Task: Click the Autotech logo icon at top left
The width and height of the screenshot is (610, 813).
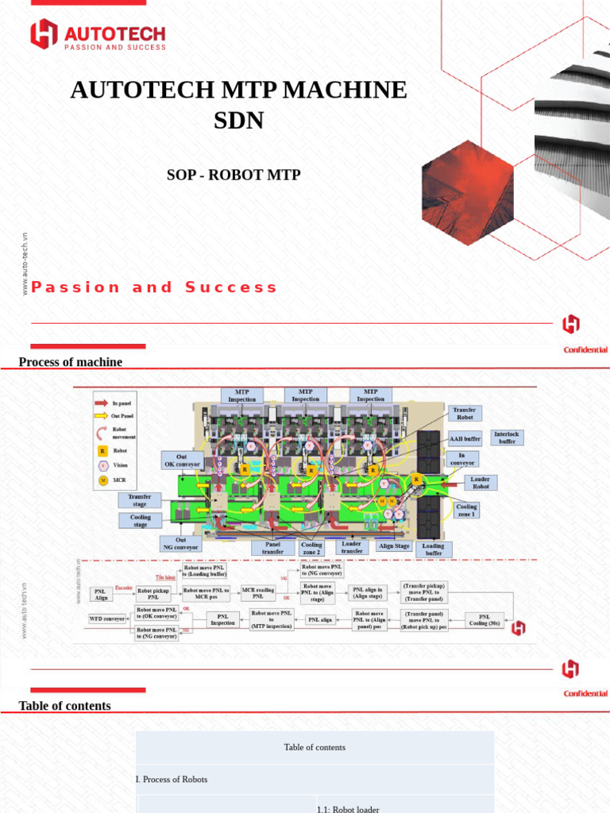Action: [x=44, y=34]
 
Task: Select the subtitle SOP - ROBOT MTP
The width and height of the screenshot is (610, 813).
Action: [x=234, y=175]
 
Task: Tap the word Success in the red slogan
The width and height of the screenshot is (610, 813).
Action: [x=231, y=287]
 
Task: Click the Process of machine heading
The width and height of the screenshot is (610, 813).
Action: [x=71, y=362]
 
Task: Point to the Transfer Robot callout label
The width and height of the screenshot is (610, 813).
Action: [x=465, y=413]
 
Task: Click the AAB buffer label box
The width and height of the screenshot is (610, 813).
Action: [x=465, y=438]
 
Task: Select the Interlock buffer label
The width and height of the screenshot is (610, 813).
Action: [x=507, y=437]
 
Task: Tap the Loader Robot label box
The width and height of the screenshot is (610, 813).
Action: [x=480, y=483]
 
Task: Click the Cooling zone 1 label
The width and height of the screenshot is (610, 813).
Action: [x=466, y=511]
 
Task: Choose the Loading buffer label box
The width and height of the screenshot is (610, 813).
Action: [x=434, y=549]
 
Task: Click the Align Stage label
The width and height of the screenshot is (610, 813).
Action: [x=394, y=546]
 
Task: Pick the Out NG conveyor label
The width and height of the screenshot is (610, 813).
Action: [x=181, y=544]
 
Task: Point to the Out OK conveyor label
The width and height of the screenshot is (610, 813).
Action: [x=182, y=460]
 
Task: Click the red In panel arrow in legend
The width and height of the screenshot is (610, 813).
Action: [x=102, y=403]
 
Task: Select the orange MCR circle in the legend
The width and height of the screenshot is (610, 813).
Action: [x=102, y=480]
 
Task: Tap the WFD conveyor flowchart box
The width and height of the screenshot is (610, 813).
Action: [x=106, y=618]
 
